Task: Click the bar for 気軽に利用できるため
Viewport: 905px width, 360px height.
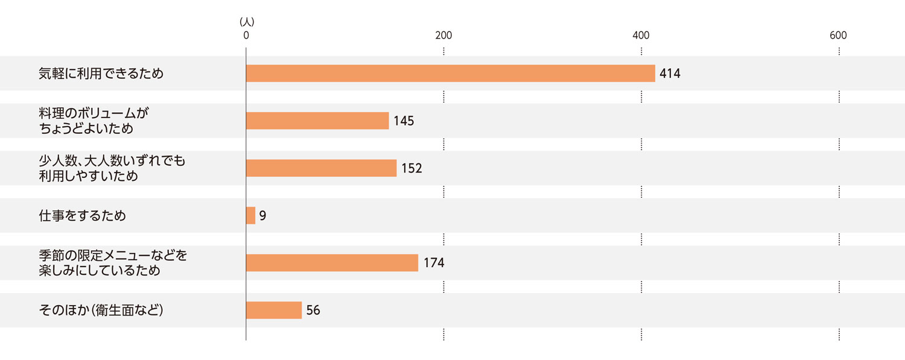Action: [x=450, y=73]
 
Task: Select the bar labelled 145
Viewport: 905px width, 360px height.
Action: [x=317, y=121]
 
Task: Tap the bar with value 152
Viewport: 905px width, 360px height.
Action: [x=321, y=168]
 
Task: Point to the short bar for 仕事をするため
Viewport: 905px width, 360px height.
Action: [x=250, y=215]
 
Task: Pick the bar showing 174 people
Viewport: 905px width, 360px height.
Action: [x=332, y=262]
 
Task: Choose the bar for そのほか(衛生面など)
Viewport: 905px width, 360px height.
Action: [x=274, y=310]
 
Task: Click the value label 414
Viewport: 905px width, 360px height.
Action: [x=670, y=74]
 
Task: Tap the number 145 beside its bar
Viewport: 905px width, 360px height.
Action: [x=404, y=121]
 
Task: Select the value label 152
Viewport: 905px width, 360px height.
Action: [x=411, y=168]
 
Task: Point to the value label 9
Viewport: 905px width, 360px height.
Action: [x=262, y=215]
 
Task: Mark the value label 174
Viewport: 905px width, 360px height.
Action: [x=434, y=263]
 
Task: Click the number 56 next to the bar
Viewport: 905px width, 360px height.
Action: [x=313, y=311]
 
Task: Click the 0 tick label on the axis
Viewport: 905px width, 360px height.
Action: [x=246, y=36]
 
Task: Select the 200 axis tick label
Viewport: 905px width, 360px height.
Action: [x=443, y=36]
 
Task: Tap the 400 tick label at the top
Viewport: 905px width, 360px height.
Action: [x=641, y=36]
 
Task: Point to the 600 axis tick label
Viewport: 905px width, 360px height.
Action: [x=838, y=36]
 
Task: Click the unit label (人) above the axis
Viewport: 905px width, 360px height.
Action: [x=247, y=22]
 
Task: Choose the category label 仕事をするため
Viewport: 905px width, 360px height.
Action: [x=82, y=215]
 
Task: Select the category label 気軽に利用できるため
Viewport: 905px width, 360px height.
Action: [x=101, y=74]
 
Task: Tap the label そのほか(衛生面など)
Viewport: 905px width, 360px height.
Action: [x=101, y=311]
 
